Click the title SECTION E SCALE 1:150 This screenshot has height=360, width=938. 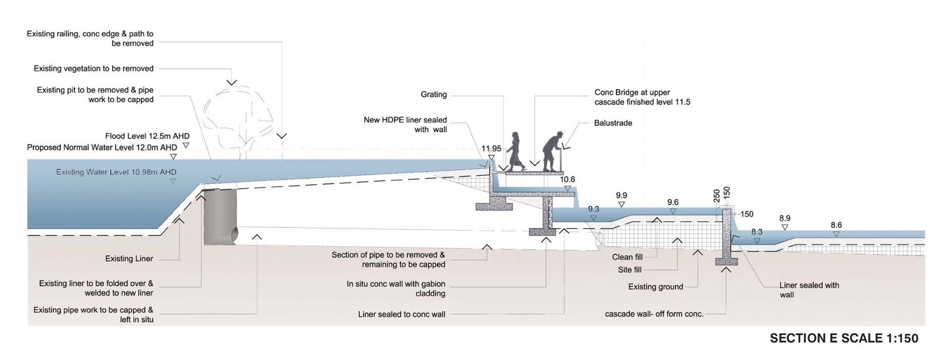(844, 338)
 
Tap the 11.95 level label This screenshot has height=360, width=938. (491, 149)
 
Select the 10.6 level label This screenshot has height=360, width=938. (567, 180)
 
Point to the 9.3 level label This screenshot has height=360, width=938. (594, 209)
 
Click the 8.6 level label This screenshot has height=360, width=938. (836, 225)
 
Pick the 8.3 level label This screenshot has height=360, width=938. (757, 232)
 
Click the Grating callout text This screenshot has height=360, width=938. (433, 95)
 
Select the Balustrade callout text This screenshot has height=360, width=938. (613, 123)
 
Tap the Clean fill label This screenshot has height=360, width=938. (627, 257)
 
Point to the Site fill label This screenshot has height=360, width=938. (630, 270)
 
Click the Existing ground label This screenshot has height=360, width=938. (655, 287)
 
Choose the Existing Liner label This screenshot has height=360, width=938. (129, 259)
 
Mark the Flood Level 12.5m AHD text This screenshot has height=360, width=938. (147, 136)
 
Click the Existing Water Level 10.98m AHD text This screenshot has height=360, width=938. (116, 172)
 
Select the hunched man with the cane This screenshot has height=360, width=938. (553, 153)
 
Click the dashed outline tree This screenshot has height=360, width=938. (237, 119)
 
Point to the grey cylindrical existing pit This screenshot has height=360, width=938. (220, 216)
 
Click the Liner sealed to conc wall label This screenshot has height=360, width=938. (401, 314)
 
